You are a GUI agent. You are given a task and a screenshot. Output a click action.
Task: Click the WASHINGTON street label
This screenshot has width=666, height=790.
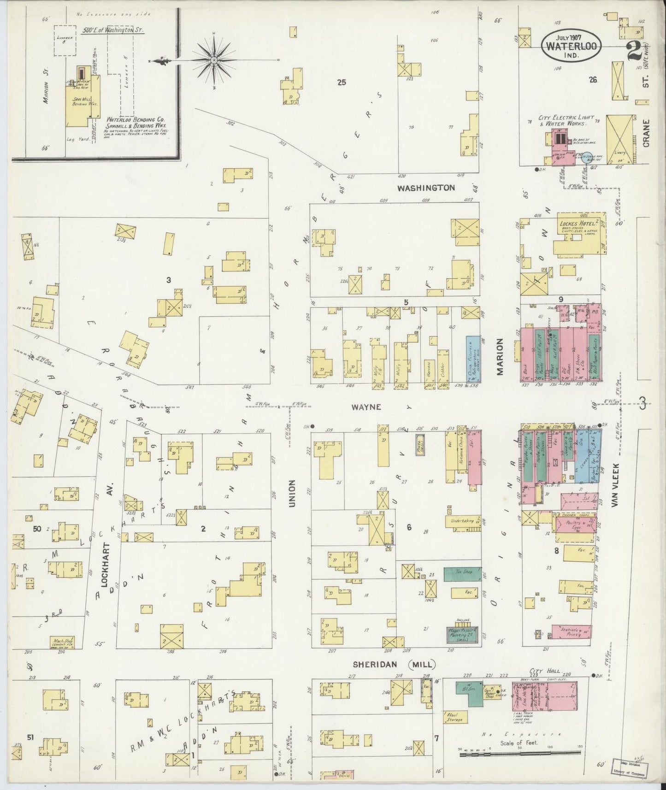[426, 188]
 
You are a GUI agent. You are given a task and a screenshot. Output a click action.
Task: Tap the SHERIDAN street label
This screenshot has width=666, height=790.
[379, 664]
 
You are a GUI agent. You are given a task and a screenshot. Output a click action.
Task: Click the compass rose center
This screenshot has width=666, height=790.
[214, 60]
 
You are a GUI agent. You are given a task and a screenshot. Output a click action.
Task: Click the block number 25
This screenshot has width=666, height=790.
[341, 83]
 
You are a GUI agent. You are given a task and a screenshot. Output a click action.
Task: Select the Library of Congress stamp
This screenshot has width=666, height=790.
[630, 769]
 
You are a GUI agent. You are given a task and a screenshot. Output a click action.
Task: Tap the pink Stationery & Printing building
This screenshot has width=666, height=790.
[572, 631]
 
